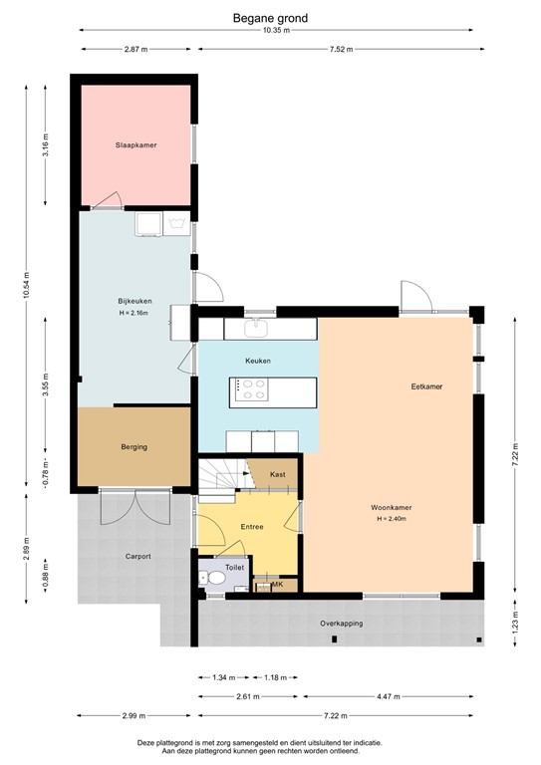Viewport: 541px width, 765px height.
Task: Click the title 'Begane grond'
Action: (x=270, y=17)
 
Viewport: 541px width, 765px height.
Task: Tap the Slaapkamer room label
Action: (x=135, y=145)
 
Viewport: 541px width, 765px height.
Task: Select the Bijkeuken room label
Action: (x=133, y=300)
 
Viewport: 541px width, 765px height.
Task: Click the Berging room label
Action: (x=135, y=447)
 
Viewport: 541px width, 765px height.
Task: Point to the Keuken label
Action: (x=258, y=361)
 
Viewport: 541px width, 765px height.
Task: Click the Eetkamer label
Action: (x=426, y=385)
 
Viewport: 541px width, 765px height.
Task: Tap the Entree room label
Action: (x=252, y=527)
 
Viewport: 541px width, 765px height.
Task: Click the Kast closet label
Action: (x=278, y=474)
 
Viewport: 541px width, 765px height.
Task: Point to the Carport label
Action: (x=137, y=556)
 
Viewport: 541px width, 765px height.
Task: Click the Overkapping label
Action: (x=341, y=624)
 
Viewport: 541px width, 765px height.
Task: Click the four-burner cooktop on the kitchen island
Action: (x=250, y=389)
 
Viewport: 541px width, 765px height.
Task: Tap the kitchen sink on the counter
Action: (x=258, y=326)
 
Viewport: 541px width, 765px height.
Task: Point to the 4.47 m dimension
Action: (x=391, y=697)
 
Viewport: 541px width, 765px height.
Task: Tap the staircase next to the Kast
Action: (x=219, y=476)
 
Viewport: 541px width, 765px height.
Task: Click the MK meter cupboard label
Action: (x=276, y=585)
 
